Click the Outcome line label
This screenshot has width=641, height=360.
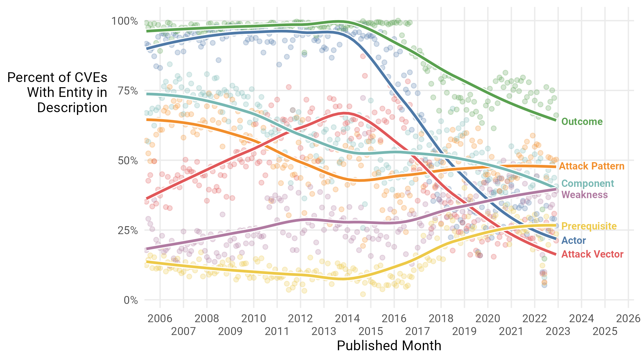582,122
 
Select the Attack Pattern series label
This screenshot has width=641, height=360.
592,166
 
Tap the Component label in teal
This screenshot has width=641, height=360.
587,184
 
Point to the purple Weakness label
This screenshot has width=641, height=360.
584,195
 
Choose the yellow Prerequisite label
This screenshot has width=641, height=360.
589,226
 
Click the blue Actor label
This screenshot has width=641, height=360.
574,241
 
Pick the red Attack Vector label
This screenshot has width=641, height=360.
592,254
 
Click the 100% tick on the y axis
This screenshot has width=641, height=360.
125,21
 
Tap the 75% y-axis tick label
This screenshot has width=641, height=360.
127,91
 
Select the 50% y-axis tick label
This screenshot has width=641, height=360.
127,161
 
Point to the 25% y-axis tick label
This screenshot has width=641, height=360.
127,230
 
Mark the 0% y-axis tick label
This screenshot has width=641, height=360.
131,300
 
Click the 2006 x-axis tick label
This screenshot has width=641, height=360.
160,319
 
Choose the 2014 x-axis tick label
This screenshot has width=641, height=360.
347,319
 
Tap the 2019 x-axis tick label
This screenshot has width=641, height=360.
464,331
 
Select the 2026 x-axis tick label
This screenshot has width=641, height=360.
628,319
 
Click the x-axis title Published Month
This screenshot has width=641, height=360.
389,346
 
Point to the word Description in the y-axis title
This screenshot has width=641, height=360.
72,108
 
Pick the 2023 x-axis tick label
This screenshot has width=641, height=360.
558,331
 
